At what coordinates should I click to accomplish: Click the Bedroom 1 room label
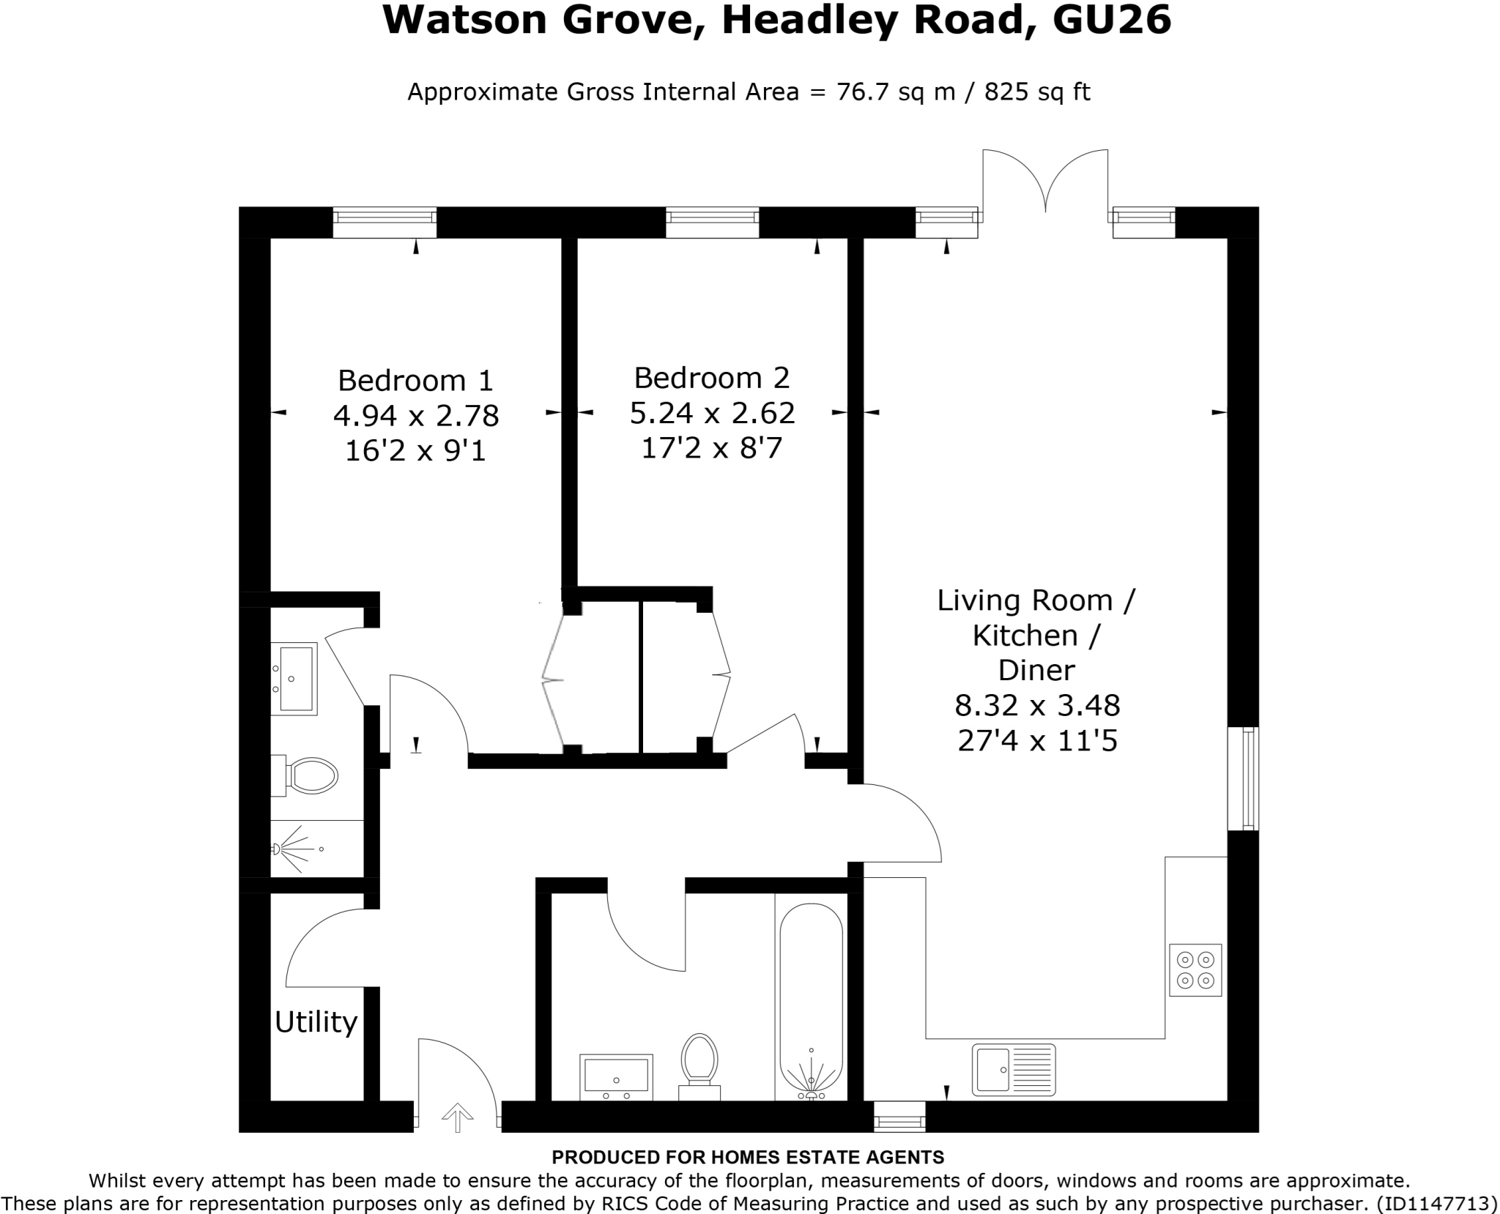pos(415,381)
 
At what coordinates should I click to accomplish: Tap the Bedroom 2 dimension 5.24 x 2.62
pos(712,413)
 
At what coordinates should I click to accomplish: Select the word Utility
pos(316,1021)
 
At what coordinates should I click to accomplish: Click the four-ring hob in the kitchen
pos(1195,970)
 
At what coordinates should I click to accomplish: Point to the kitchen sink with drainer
pos(1014,1070)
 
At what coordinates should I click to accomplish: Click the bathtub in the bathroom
pos(811,999)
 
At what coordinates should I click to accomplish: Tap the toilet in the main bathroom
pos(699,1062)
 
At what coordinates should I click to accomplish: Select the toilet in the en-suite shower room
pos(310,775)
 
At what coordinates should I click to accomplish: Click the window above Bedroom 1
pos(385,222)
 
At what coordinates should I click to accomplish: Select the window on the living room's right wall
pos(1243,778)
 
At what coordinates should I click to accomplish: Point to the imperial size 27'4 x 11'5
pos(1037,741)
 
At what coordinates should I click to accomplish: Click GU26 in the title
pos(1112,21)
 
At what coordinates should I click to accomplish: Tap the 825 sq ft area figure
pos(1037,92)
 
